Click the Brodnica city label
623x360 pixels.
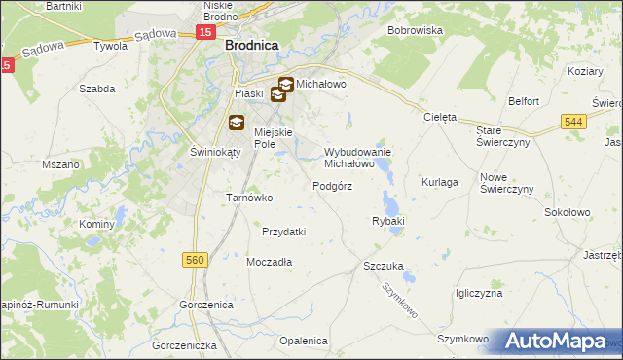252,45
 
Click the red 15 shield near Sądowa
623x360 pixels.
203,32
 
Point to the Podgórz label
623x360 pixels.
332,186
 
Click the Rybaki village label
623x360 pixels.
387,222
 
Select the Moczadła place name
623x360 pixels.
269,263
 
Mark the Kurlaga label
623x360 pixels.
439,182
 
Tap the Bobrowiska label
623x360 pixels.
415,31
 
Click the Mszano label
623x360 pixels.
60,165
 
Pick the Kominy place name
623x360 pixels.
97,224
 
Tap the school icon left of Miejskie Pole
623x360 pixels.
237,123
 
